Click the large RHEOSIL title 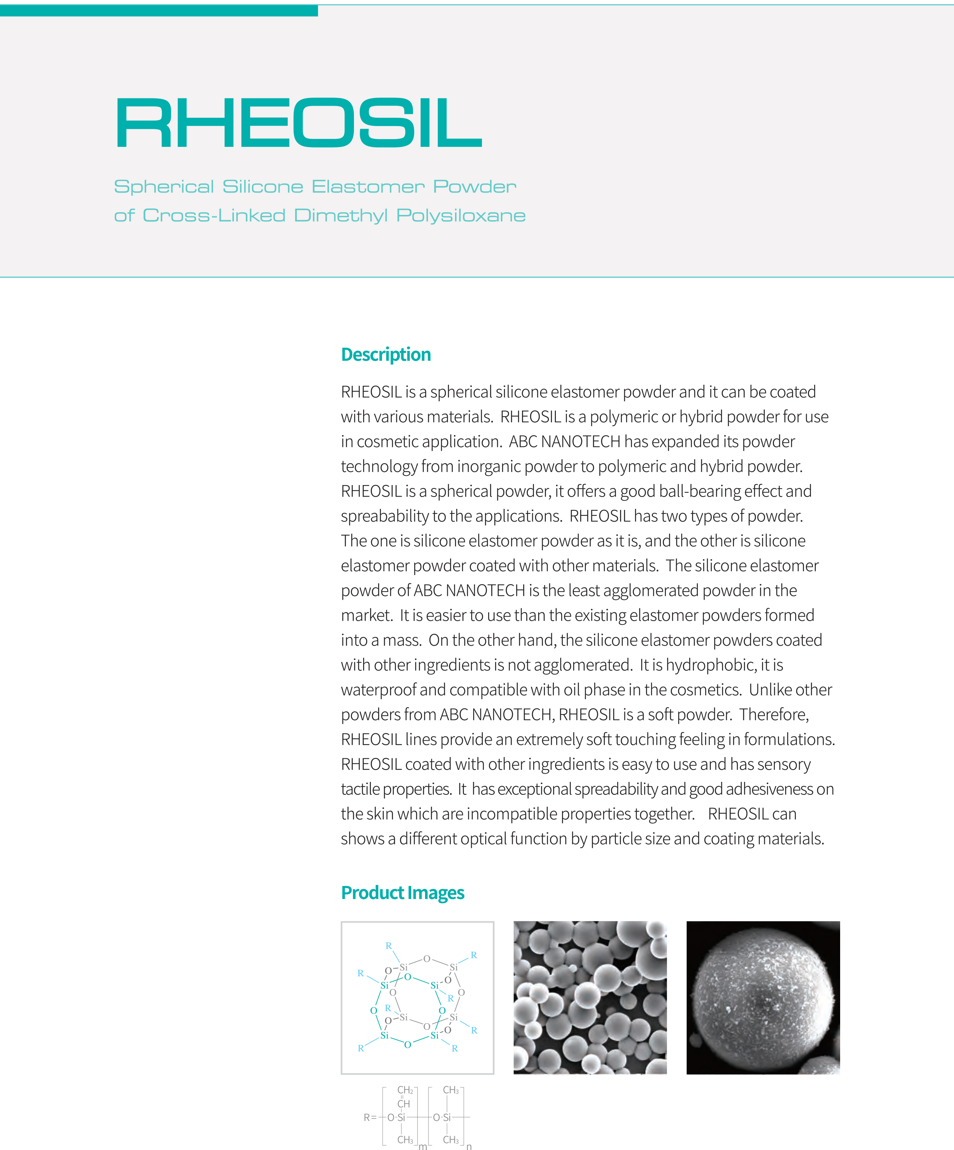tap(299, 123)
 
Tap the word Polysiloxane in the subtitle tap(461, 216)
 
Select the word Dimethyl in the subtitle tap(341, 216)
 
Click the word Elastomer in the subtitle tap(368, 187)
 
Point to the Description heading tap(386, 354)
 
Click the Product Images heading tap(403, 892)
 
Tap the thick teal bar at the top tap(159, 10)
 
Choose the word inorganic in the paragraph tap(489, 467)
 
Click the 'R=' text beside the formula tap(370, 1118)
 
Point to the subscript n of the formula tap(469, 1146)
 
